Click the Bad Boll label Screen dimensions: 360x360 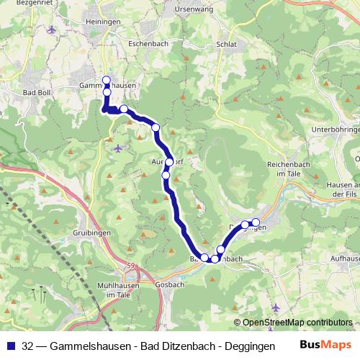pyautogui.click(x=37, y=93)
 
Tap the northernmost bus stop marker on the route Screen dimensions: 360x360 pyautogui.click(x=107, y=81)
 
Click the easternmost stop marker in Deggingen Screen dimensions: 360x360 pyautogui.click(x=255, y=222)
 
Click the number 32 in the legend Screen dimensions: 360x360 pyautogui.click(x=27, y=345)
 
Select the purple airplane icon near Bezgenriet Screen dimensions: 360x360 pyautogui.click(x=50, y=30)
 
